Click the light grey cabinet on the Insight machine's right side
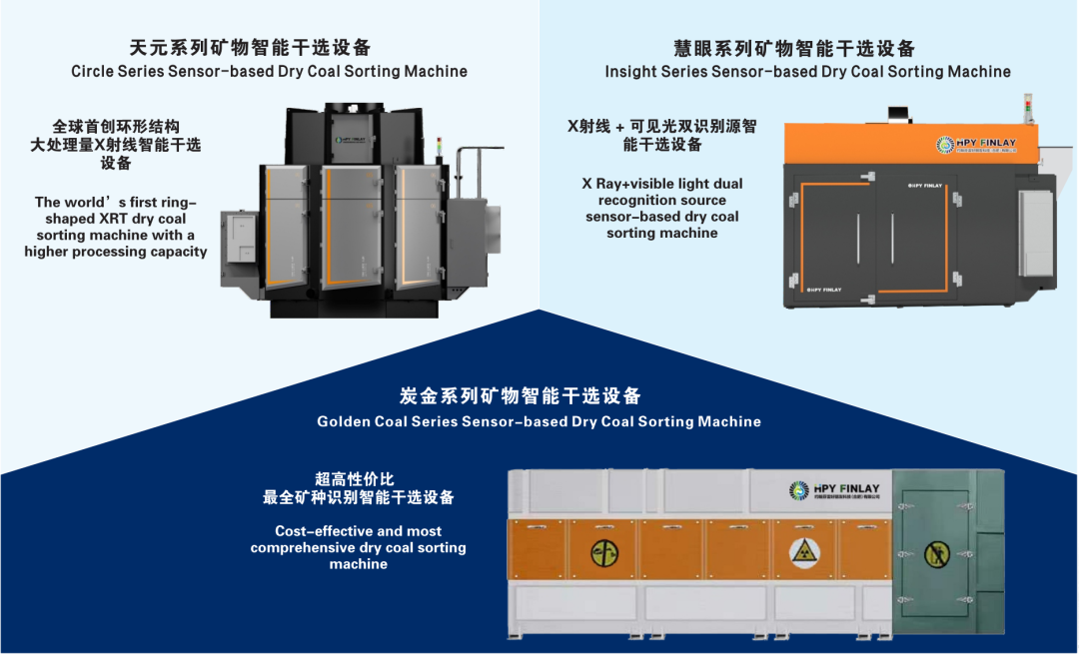coord(1034,231)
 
